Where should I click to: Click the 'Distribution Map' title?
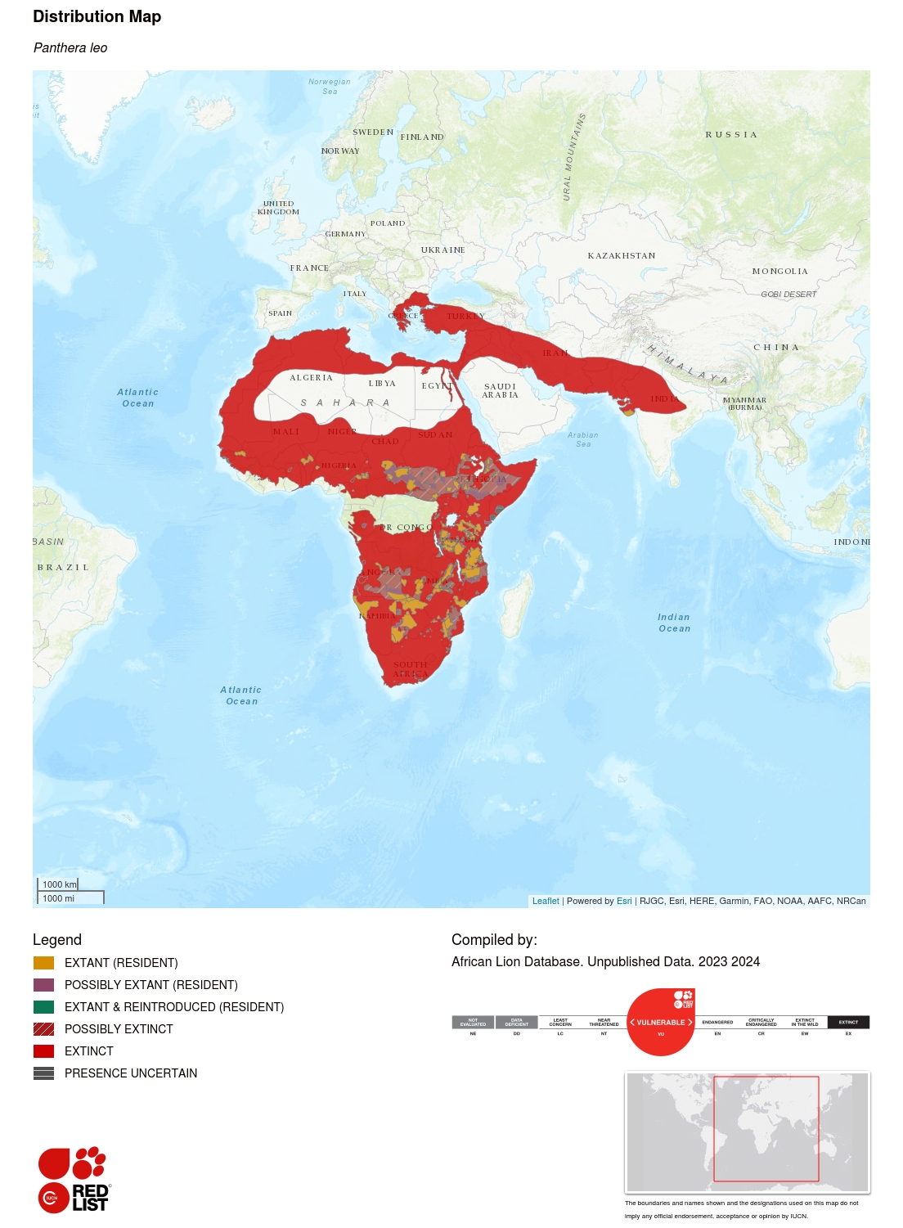(97, 16)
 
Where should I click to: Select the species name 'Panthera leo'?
(70, 48)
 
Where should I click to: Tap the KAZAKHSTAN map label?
(621, 256)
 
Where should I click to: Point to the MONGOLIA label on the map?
(779, 272)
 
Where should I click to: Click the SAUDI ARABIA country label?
(500, 390)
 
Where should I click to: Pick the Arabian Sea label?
(582, 439)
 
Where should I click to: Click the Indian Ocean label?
(674, 623)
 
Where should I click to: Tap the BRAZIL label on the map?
(63, 568)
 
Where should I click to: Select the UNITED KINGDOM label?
(278, 208)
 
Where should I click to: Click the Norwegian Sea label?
(329, 86)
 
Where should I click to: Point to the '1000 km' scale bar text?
(59, 884)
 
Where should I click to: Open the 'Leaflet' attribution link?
(546, 901)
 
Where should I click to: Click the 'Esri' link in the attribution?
(624, 901)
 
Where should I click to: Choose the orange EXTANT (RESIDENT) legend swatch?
(43, 963)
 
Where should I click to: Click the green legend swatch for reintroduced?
(43, 1007)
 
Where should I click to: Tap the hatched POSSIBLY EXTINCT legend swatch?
(43, 1029)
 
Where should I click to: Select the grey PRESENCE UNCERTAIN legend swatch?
(43, 1073)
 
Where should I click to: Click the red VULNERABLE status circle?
(661, 1022)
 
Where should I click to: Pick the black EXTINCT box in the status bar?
(848, 1022)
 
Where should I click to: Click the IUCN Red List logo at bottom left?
(73, 1179)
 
